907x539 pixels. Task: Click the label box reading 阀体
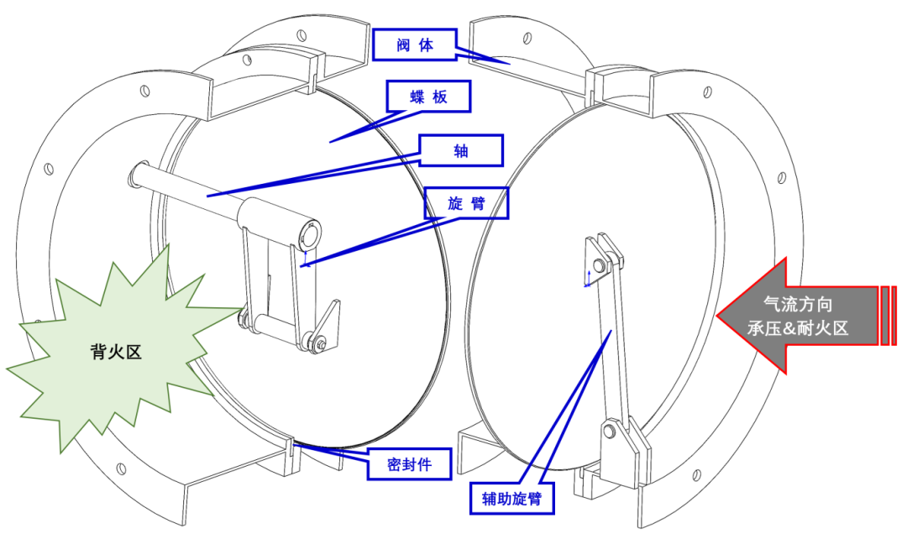(x=415, y=45)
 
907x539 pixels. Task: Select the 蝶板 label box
(x=428, y=97)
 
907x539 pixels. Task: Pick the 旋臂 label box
(x=466, y=203)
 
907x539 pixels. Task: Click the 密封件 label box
(x=409, y=463)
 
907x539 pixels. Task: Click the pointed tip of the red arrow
(x=719, y=316)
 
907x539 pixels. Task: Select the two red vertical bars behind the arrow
(x=889, y=316)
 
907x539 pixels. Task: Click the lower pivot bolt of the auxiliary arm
(x=611, y=433)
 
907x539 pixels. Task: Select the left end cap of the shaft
(x=135, y=177)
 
